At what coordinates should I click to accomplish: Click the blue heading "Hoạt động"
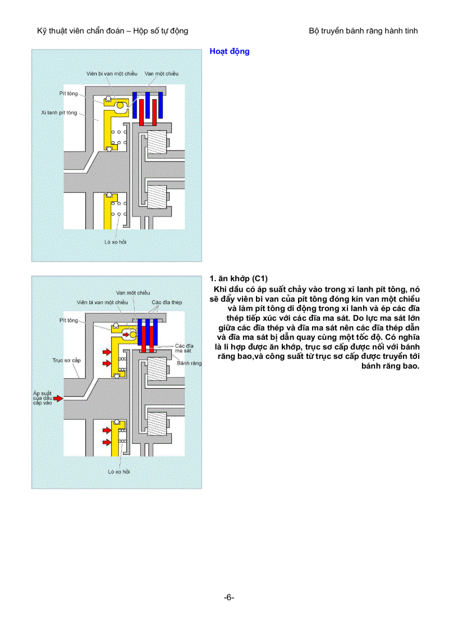229,52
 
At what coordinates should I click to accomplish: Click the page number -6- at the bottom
229,597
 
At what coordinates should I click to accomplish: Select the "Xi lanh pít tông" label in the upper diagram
59,113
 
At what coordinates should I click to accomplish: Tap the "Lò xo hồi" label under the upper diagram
115,242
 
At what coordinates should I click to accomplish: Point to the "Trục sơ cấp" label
66,360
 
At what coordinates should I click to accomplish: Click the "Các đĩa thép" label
167,302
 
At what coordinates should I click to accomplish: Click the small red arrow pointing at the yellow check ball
125,334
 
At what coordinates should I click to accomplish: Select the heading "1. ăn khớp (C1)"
239,278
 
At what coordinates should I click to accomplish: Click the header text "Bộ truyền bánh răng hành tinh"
363,31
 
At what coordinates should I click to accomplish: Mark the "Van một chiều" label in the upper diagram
161,73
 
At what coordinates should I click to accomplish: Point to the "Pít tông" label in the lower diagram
68,320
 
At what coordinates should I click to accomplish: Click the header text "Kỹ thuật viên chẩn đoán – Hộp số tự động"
112,31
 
